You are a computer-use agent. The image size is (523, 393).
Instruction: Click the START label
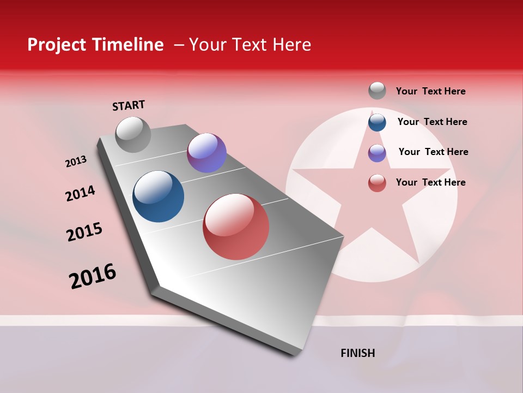coord(129,105)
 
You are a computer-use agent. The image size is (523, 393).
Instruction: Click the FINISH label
coord(358,353)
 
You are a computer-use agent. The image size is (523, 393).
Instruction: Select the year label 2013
coord(76,162)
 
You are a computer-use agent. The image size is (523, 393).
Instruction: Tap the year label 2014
coord(80,194)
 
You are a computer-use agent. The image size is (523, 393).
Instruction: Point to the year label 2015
coord(84,232)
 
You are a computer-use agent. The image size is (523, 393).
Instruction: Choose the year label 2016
coord(93,276)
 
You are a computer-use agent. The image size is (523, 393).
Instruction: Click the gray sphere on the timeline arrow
coord(133,134)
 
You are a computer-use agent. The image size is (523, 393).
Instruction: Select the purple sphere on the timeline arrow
coord(206,153)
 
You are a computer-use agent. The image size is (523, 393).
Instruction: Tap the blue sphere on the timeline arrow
coord(158,196)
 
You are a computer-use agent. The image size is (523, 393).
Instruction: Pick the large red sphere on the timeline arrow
coord(236,227)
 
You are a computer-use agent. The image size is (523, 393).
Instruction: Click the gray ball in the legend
coord(377,91)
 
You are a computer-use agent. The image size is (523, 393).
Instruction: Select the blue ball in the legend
coord(377,122)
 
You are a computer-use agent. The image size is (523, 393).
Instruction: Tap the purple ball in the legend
coord(377,152)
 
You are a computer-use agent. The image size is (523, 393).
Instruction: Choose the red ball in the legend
coord(377,183)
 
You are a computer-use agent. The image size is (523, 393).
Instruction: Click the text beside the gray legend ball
coord(430,91)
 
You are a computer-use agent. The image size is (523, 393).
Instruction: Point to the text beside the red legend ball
coord(430,182)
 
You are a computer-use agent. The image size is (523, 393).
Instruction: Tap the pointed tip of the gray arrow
coord(297,354)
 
